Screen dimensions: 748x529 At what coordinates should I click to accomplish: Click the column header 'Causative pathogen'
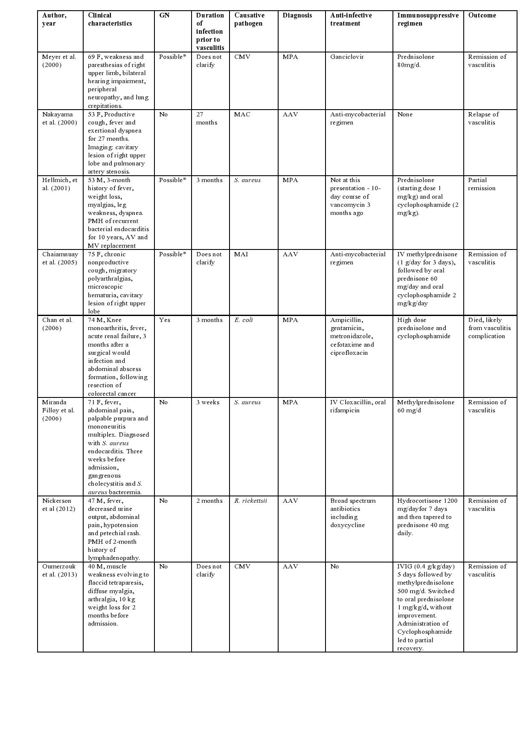pyautogui.click(x=249, y=19)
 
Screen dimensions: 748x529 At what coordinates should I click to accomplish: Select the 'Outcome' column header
pyautogui.click(x=482, y=15)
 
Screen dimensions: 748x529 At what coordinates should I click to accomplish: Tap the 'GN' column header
pyautogui.click(x=164, y=15)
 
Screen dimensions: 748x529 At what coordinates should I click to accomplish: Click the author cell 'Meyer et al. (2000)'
pyautogui.click(x=59, y=61)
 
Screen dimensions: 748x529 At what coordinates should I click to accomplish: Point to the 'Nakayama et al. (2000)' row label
pyautogui.click(x=59, y=118)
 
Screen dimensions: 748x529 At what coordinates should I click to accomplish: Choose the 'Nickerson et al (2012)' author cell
pyautogui.click(x=58, y=504)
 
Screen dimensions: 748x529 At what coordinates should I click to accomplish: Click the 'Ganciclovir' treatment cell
pyautogui.click(x=347, y=57)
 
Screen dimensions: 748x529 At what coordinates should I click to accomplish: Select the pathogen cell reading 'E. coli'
pyautogui.click(x=244, y=320)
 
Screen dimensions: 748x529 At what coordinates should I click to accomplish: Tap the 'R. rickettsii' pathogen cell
pyautogui.click(x=250, y=501)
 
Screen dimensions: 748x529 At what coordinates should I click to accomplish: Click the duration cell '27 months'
pyautogui.click(x=206, y=118)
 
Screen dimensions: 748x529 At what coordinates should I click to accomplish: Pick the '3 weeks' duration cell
pyautogui.click(x=208, y=402)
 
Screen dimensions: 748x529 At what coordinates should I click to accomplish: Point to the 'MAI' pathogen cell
pyautogui.click(x=241, y=254)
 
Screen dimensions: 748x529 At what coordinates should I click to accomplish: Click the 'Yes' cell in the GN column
pyautogui.click(x=164, y=320)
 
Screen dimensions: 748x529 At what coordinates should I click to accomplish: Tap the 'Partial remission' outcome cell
pyautogui.click(x=482, y=184)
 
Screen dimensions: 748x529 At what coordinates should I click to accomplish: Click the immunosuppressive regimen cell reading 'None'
pyautogui.click(x=405, y=114)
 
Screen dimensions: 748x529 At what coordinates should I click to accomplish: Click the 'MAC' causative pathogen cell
pyautogui.click(x=242, y=114)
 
